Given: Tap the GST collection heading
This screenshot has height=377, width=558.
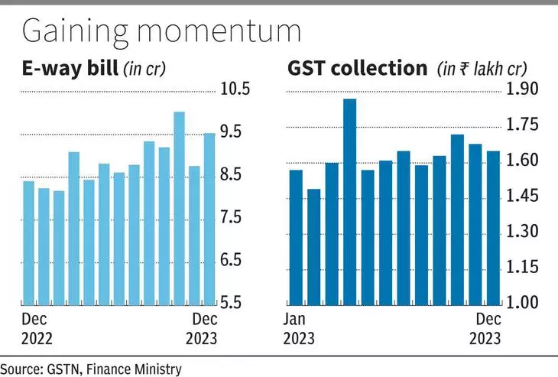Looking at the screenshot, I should (x=357, y=69).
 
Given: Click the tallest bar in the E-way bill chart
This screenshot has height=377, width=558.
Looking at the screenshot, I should (x=179, y=207).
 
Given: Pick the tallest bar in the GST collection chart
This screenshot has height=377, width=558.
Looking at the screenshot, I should (x=349, y=200).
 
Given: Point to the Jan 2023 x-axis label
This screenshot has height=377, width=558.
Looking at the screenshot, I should (x=300, y=328).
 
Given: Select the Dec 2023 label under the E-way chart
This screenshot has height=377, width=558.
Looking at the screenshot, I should (x=203, y=328).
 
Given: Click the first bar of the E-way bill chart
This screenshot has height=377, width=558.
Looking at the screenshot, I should (x=28, y=242).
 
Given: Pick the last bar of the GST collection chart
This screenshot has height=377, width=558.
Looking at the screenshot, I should (x=493, y=226).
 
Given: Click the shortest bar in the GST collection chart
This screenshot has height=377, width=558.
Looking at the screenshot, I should (x=313, y=245).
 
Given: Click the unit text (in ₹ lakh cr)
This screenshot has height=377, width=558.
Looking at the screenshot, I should (x=481, y=70).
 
